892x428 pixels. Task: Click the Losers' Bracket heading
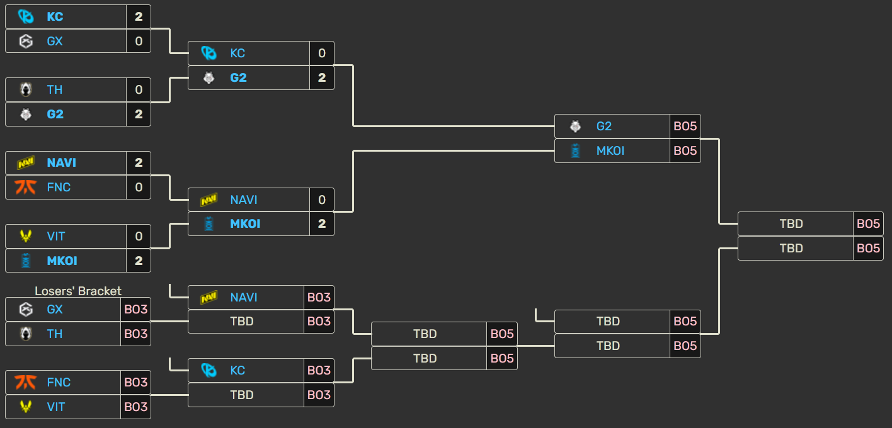(x=78, y=291)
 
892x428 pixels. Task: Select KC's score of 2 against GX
(x=139, y=16)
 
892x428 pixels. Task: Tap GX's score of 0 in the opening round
(x=139, y=41)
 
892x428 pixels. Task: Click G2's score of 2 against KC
(x=322, y=77)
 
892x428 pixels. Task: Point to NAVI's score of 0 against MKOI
(x=322, y=200)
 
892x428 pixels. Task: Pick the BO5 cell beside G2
(x=685, y=126)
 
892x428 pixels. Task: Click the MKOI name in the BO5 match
(x=610, y=150)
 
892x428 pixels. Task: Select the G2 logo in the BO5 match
(x=575, y=126)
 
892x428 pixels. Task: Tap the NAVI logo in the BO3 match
(x=209, y=297)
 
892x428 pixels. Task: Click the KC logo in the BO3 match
(x=209, y=370)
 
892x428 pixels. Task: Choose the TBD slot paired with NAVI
(x=242, y=321)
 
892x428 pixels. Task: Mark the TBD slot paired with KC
(x=242, y=395)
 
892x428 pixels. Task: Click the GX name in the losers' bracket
(x=55, y=309)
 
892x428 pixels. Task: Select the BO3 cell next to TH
(x=135, y=334)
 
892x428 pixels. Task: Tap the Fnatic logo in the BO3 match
(x=25, y=382)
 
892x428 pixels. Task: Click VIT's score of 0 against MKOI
(x=139, y=236)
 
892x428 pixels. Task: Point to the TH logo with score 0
(x=25, y=89)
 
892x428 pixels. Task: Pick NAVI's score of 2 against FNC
(x=139, y=162)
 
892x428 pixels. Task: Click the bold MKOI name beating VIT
(x=62, y=261)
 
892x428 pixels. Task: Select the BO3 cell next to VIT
(x=135, y=407)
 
